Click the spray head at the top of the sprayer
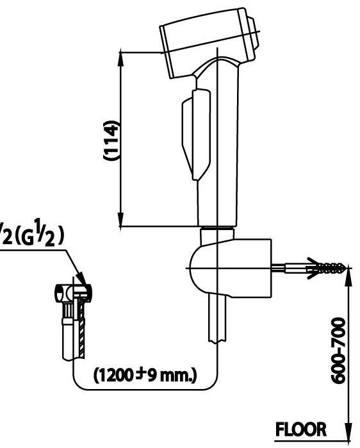[x=208, y=40]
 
